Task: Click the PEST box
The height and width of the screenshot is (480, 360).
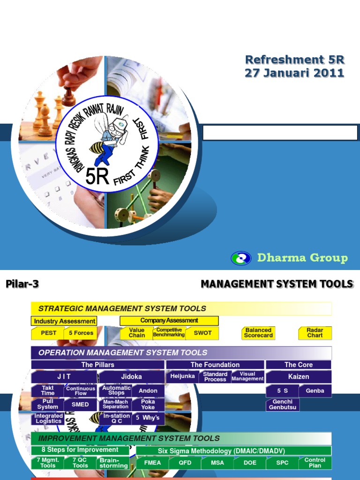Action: click(x=48, y=333)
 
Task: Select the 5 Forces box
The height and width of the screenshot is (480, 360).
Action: click(x=81, y=333)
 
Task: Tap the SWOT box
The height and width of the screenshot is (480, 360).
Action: click(x=202, y=333)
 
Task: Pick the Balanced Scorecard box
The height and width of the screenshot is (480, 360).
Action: click(x=258, y=333)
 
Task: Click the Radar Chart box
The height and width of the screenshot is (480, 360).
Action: click(x=315, y=333)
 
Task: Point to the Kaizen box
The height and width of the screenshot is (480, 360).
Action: click(x=299, y=376)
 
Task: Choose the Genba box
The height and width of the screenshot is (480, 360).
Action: click(x=315, y=391)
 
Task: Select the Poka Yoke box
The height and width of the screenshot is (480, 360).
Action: click(x=148, y=405)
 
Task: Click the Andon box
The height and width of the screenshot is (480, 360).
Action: click(x=148, y=391)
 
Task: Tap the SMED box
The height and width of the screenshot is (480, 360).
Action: click(x=80, y=405)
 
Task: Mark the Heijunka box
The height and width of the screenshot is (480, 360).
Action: click(x=183, y=376)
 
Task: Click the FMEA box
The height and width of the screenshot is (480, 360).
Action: click(x=152, y=463)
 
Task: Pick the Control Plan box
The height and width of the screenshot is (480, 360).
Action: click(x=315, y=463)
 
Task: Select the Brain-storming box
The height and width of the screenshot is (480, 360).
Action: click(x=113, y=463)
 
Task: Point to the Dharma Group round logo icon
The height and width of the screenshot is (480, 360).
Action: click(x=241, y=258)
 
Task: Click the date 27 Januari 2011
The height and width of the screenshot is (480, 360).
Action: click(x=294, y=73)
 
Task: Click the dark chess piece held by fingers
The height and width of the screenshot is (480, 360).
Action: click(x=69, y=96)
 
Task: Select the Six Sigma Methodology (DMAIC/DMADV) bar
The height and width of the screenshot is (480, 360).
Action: click(x=233, y=451)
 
